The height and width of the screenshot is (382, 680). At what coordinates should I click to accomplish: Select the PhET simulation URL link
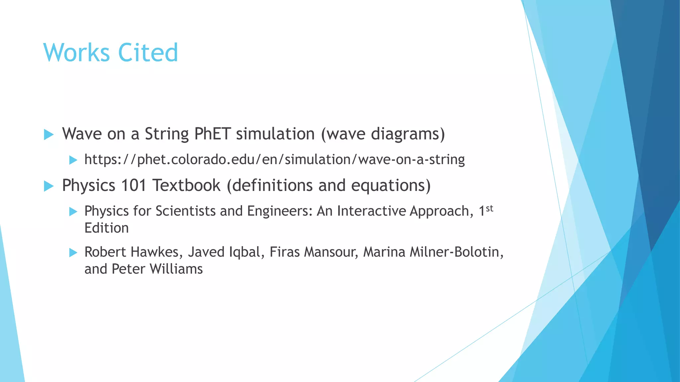[274, 159]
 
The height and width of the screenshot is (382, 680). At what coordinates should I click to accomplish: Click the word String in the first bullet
[167, 134]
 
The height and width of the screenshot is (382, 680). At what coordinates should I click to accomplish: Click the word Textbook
[186, 185]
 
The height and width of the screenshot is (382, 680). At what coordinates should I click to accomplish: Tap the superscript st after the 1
[489, 209]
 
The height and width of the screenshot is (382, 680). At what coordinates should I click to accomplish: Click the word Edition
[106, 228]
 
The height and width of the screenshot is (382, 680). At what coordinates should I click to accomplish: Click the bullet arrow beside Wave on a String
[48, 135]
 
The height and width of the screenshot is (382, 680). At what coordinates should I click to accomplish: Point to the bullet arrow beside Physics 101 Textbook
[48, 186]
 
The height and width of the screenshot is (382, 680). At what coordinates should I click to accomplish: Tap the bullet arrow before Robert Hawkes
[73, 253]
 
